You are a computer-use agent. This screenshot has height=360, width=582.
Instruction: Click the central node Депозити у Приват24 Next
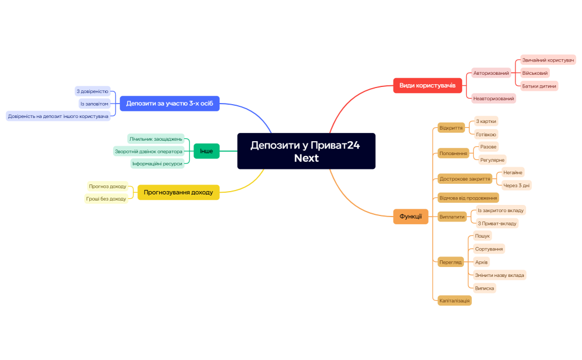[306, 151]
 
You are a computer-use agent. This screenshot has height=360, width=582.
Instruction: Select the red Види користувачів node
[427, 86]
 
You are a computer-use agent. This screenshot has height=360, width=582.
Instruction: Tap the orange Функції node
[411, 217]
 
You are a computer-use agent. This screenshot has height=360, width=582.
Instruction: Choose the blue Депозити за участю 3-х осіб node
[170, 104]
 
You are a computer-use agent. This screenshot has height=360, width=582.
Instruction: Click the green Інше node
[206, 151]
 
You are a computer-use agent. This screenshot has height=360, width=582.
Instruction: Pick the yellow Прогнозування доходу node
[178, 192]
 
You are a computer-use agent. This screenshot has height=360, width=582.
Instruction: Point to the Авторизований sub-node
[491, 73]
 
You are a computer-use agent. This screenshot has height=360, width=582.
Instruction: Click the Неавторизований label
[493, 99]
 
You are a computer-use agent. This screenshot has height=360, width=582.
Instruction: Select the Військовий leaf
[535, 73]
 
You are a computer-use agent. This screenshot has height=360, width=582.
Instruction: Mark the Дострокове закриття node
[464, 179]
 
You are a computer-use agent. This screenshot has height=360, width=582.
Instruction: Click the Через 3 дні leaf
[516, 185]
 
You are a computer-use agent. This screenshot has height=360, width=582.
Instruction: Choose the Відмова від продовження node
[468, 198]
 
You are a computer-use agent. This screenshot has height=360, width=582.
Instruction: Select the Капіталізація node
[454, 300]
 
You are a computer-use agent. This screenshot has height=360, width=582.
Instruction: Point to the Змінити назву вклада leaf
[499, 275]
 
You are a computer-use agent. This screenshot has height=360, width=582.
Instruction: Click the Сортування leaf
[489, 249]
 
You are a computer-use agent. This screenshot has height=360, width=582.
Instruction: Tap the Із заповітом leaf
[94, 104]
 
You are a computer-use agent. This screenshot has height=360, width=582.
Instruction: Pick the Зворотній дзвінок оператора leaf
[149, 151]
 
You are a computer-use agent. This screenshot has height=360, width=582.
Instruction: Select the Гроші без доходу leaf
[106, 199]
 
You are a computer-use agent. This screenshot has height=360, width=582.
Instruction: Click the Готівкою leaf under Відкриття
[486, 134]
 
